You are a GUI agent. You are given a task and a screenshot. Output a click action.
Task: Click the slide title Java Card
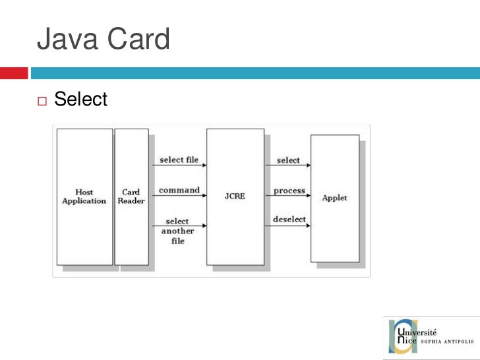coord(104,40)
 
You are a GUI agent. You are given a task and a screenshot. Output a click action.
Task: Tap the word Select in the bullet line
coord(80,100)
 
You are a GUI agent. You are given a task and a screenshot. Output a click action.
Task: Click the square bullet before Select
coord(43,101)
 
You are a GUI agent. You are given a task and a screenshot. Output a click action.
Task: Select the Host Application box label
coord(84,196)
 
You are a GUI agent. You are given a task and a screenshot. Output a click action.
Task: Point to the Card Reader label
coord(131,196)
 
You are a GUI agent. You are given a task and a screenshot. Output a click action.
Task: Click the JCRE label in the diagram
coord(235,196)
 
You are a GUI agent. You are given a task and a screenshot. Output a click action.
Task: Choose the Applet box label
coord(334,197)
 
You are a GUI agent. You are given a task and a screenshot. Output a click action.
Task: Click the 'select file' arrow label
coord(179,160)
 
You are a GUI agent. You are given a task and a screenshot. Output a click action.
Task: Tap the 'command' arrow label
coord(179,190)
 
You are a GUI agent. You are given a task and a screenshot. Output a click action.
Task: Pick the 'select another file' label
coord(177,231)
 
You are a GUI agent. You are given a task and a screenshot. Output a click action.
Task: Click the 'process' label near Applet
coord(289,191)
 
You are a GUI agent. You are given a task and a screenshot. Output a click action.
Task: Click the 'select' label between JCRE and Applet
coord(288,160)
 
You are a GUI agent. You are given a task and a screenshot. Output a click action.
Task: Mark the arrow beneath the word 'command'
coord(179,196)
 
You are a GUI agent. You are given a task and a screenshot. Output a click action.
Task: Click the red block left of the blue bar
coord(13,73)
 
